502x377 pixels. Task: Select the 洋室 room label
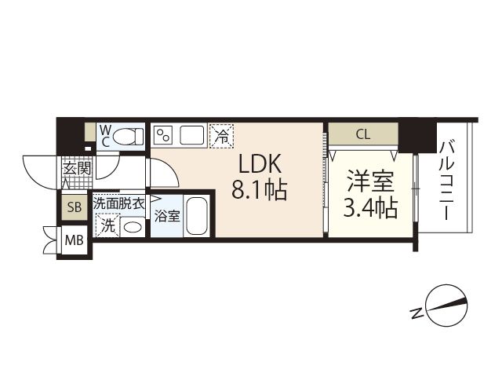369,181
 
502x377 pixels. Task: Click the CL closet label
362,134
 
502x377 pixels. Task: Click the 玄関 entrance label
77,168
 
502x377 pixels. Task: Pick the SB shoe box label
75,207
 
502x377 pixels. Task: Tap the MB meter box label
75,240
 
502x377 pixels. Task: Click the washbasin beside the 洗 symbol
133,226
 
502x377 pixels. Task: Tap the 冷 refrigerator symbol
222,135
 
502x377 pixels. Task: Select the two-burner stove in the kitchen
164,135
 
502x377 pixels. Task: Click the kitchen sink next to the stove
192,135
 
